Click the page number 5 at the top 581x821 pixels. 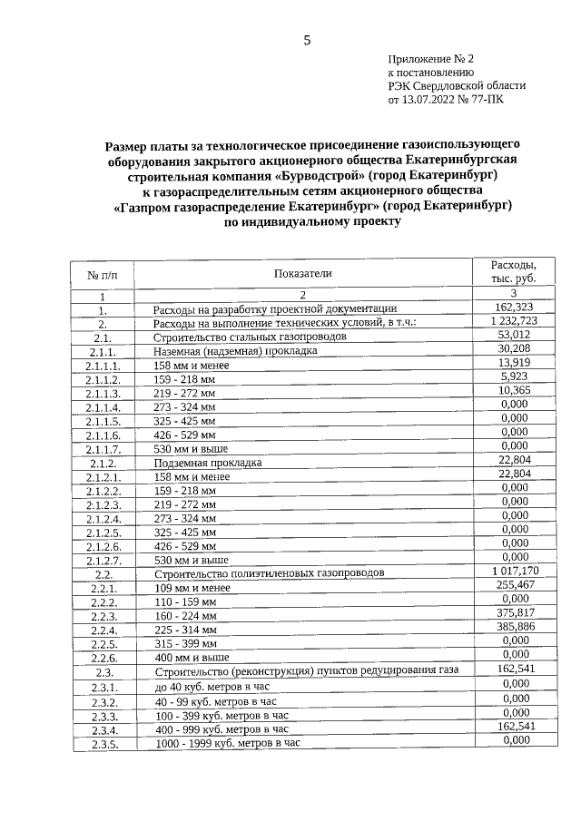307,40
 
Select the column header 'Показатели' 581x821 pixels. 302,272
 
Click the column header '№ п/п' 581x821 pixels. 103,274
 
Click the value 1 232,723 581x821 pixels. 513,320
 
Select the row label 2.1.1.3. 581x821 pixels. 103,393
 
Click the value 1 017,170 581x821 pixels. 513,571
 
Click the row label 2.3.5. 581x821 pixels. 103,743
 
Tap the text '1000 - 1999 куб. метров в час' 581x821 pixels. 227,742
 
